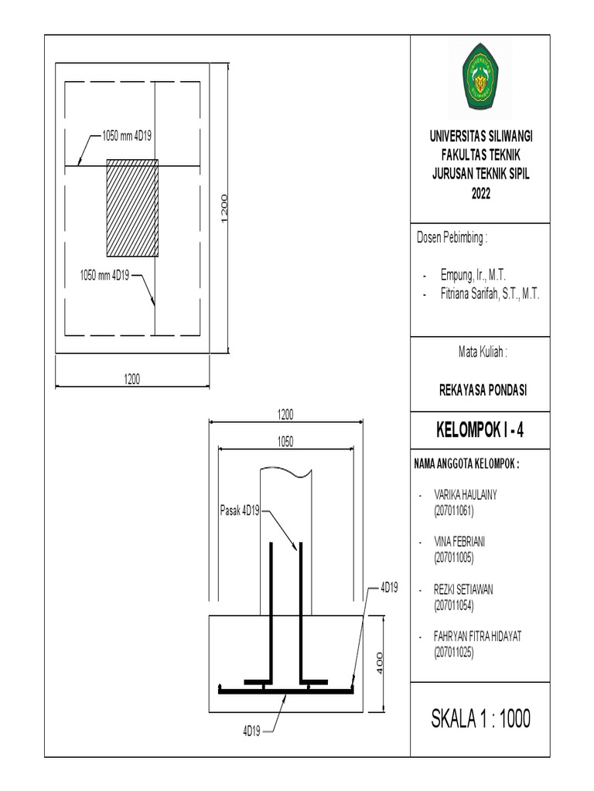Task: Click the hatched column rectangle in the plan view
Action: (132, 208)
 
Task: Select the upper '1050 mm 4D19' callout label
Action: (126, 136)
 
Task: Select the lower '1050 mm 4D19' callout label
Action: (105, 274)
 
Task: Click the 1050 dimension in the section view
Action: (286, 440)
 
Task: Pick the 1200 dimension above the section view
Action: (286, 415)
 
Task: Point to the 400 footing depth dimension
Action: (380, 663)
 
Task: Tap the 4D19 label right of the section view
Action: (388, 589)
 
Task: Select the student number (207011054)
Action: (453, 604)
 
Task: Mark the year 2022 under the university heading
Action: (482, 194)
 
